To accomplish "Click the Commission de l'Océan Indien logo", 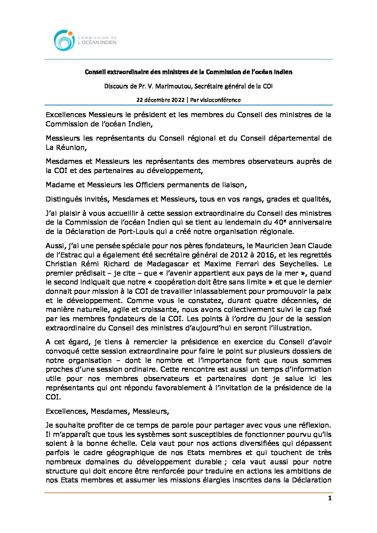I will coord(85,40).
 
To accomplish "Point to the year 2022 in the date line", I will coord(177,100).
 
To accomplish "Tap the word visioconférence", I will coord(220,100).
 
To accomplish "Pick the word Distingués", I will coord(63,199).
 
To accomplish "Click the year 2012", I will coord(238,255).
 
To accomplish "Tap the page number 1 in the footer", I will coord(330,498).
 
